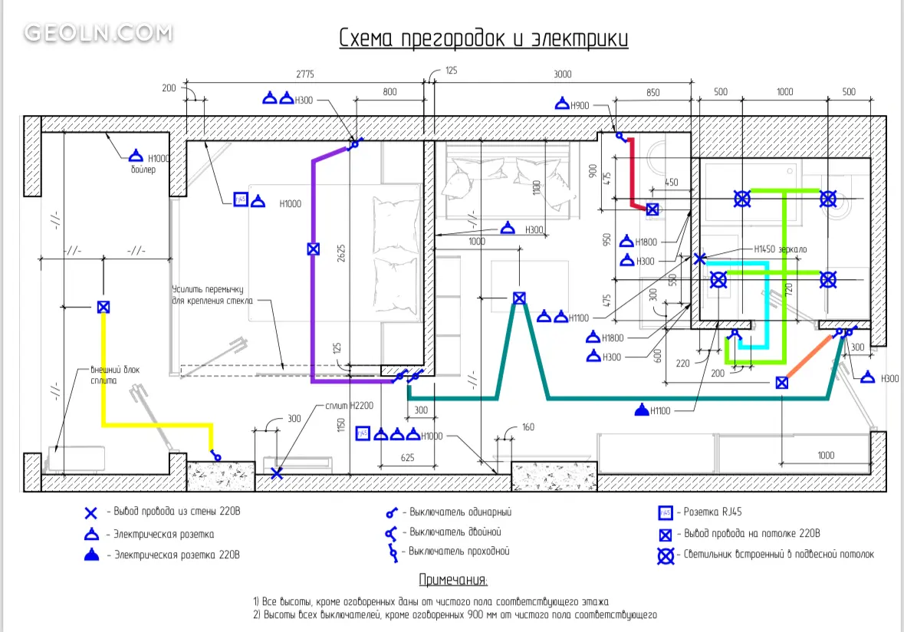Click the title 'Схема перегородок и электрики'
(484, 38)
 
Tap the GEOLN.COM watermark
(98, 33)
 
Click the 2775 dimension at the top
(305, 74)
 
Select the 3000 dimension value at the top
(563, 74)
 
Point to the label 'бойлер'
(143, 170)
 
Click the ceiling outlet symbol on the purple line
(313, 249)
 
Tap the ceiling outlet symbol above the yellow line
(104, 307)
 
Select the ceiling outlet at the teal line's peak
(519, 298)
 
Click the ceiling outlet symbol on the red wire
(652, 209)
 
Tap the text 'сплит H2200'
(347, 405)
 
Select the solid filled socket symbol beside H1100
(641, 410)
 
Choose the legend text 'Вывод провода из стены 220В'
(178, 511)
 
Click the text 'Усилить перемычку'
(207, 290)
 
